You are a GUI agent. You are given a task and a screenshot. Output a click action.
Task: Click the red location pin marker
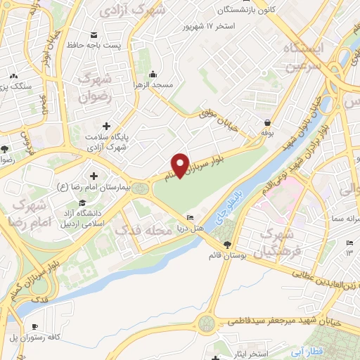point(180,165)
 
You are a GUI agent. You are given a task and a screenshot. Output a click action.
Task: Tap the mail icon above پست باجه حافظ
point(94,34)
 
